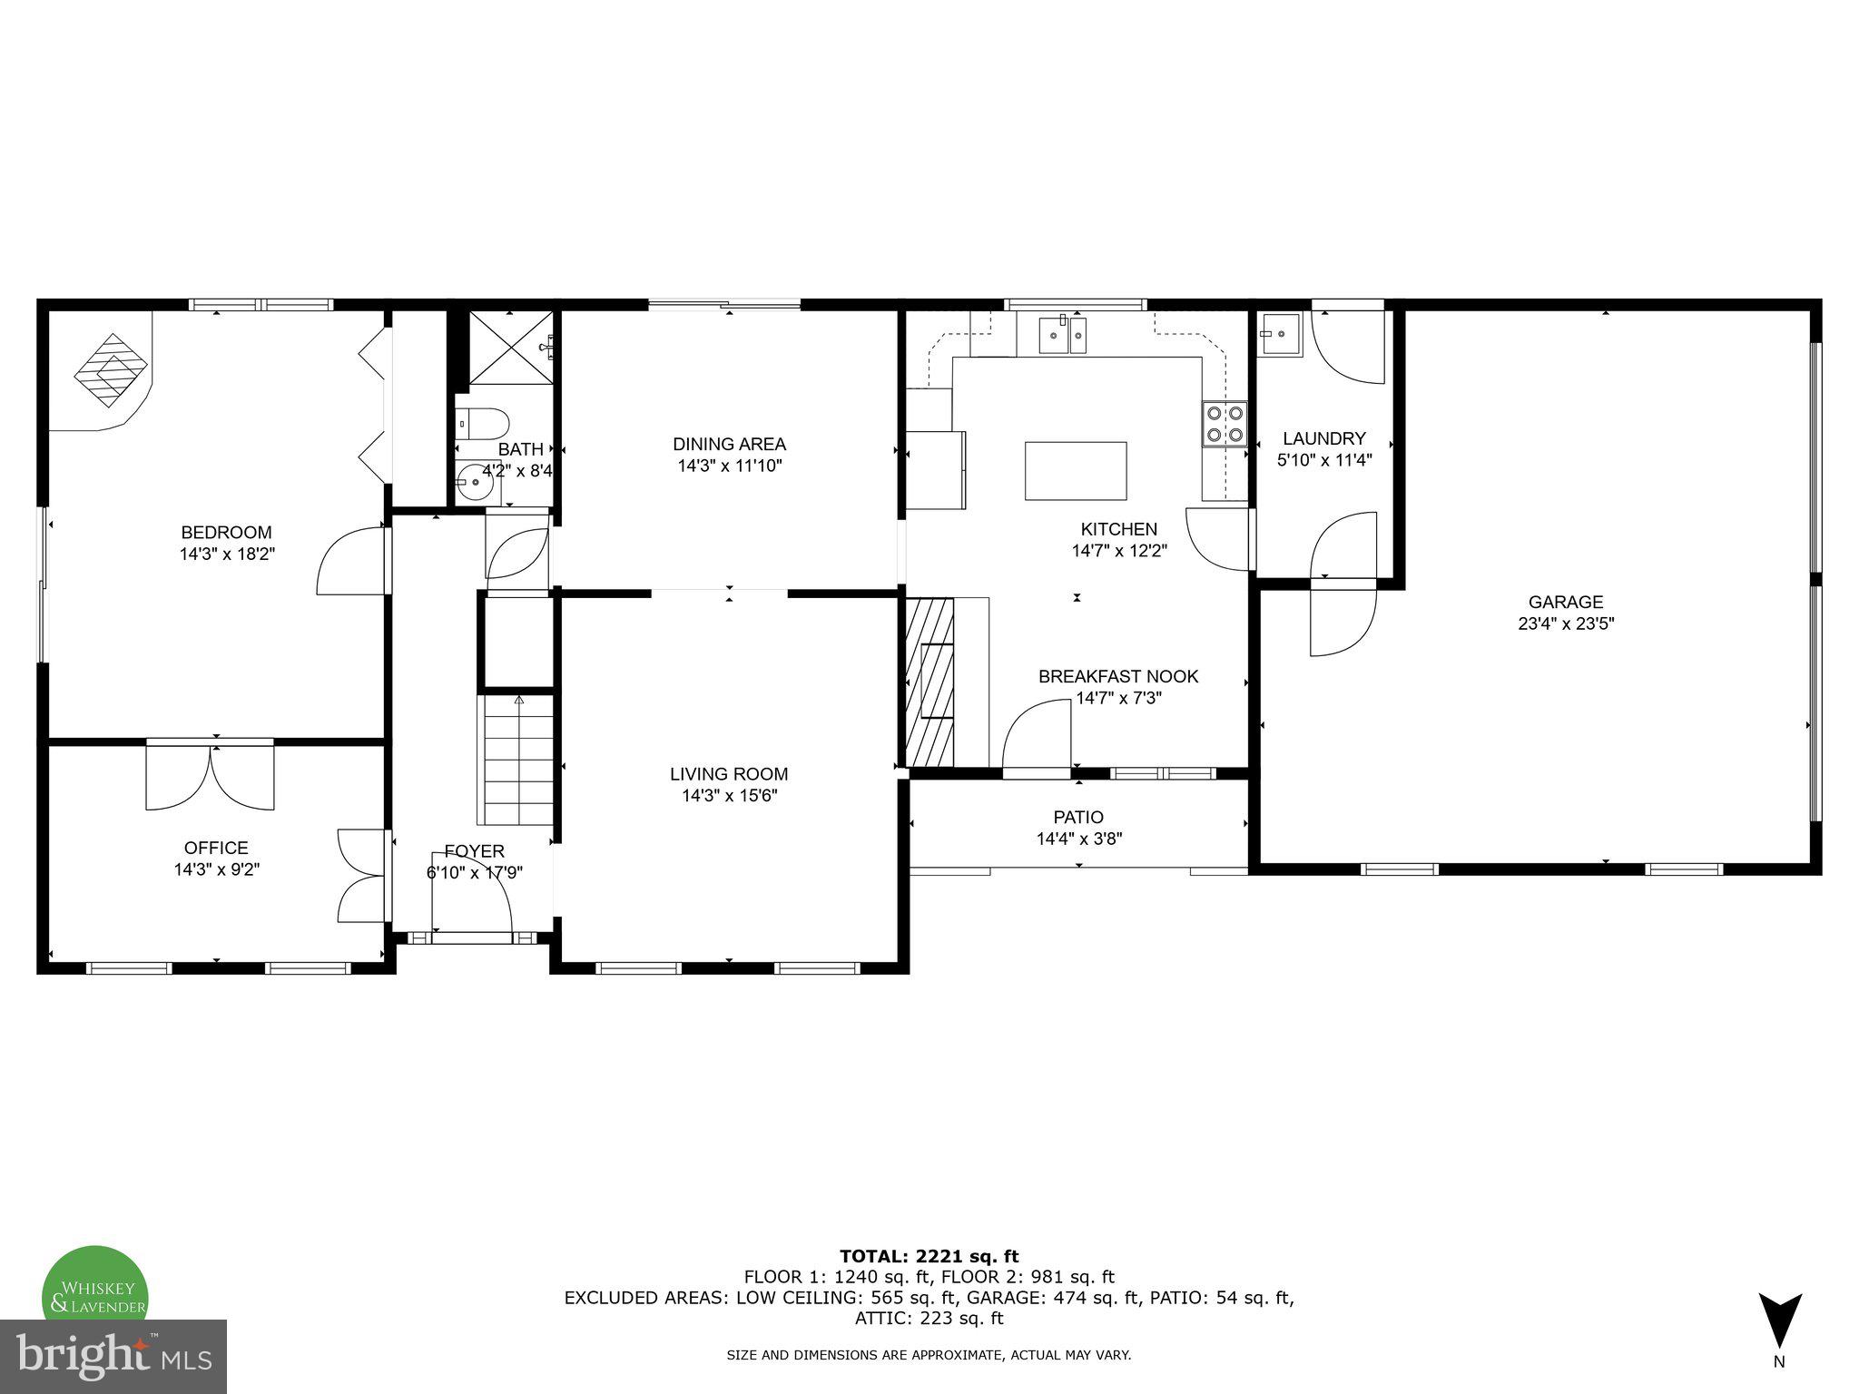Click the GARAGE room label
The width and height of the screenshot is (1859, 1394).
click(1565, 602)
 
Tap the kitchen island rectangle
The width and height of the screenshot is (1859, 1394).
click(1076, 470)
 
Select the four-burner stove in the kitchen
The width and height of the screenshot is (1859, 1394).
click(1225, 424)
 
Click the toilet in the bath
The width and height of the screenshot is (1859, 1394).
click(484, 422)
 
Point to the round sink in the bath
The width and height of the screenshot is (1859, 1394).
click(475, 482)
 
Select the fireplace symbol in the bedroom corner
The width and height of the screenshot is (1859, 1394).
click(111, 369)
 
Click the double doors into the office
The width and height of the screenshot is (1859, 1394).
click(211, 776)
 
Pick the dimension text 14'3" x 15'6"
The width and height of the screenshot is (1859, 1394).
click(729, 796)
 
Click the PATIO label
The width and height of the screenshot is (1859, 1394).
click(1078, 817)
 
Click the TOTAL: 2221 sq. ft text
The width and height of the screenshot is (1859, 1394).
click(929, 1256)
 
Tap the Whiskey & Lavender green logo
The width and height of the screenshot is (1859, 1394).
click(96, 1284)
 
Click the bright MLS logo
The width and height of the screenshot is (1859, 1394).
click(113, 1356)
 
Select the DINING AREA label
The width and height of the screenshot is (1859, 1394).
click(729, 444)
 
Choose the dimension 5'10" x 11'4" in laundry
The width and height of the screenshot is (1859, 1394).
click(1323, 460)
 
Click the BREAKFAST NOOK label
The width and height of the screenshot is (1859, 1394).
click(1117, 676)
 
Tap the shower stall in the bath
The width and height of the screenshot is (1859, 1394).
click(508, 348)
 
